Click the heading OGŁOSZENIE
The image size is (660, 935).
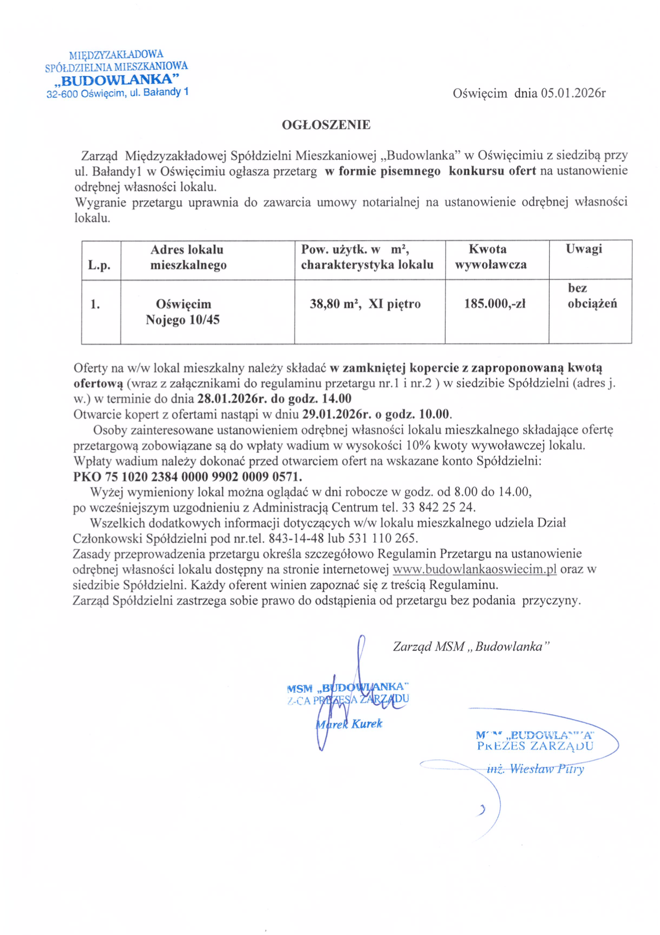point(326,125)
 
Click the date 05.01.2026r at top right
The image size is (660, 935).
point(573,93)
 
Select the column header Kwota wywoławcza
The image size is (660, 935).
point(490,257)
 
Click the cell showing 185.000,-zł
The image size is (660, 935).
point(495,304)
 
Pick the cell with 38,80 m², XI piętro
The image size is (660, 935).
point(365,304)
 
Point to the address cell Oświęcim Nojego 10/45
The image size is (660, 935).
point(183,311)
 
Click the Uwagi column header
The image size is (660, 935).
point(584,249)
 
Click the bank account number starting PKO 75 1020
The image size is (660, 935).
point(187,476)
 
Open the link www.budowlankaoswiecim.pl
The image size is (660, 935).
point(474,570)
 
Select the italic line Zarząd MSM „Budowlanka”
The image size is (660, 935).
point(471,647)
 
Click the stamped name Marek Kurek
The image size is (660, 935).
point(350,724)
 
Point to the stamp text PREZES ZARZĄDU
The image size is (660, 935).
point(535,746)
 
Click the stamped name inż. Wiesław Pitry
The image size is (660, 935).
point(535,769)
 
